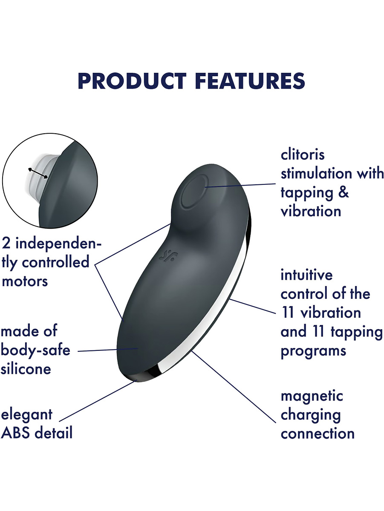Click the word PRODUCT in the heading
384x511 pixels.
pyautogui.click(x=132, y=81)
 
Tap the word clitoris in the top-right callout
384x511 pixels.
pyautogui.click(x=303, y=155)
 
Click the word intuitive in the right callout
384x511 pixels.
pyautogui.click(x=306, y=275)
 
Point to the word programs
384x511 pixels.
pyautogui.click(x=313, y=352)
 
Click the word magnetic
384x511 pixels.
pyautogui.click(x=312, y=396)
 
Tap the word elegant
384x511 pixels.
pyautogui.click(x=27, y=415)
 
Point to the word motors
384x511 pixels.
pyautogui.click(x=25, y=281)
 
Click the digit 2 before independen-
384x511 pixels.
pyautogui.click(x=6, y=244)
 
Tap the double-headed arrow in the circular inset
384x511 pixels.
pyautogui.click(x=38, y=173)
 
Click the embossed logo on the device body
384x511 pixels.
pyautogui.click(x=168, y=256)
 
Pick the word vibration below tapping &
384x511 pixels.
pyautogui.click(x=311, y=211)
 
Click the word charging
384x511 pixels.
pyautogui.click(x=311, y=416)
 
